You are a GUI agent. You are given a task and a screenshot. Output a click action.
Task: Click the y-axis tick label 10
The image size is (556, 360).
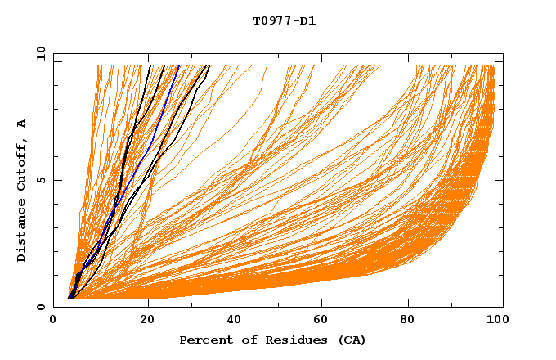(x=40, y=53)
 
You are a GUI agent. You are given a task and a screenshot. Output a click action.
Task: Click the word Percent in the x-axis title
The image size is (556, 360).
(x=205, y=340)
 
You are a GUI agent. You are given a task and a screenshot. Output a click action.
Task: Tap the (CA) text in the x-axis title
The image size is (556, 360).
(x=350, y=340)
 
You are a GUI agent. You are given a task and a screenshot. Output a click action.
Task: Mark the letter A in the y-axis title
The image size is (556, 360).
(x=21, y=123)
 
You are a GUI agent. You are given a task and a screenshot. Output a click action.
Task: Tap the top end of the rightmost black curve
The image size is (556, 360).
(x=209, y=66)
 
